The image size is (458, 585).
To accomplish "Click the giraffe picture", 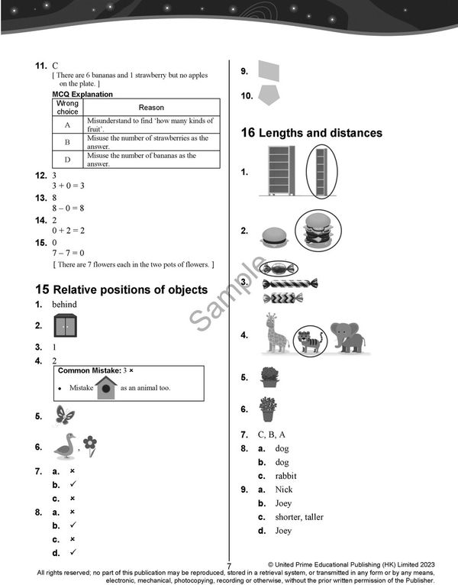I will tap(275, 334).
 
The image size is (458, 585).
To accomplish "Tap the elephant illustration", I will tap(347, 337).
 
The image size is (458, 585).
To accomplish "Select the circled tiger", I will tap(311, 340).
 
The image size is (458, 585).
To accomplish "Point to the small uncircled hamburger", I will tap(273, 236).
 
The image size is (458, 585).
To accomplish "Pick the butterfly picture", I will tap(64, 415).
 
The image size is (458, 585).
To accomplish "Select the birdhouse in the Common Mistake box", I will tap(106, 387).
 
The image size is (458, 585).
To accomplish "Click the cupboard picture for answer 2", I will tap(65, 326).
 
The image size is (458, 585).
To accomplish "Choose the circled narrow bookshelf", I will tap(321, 172).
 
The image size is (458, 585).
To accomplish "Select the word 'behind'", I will tap(64, 304).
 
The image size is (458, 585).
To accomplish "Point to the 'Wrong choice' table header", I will tap(67, 108).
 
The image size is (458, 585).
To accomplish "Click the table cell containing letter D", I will tap(67, 160).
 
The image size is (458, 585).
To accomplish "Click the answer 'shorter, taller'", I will tap(299, 517).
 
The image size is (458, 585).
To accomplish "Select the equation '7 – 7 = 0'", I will tap(68, 253).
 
